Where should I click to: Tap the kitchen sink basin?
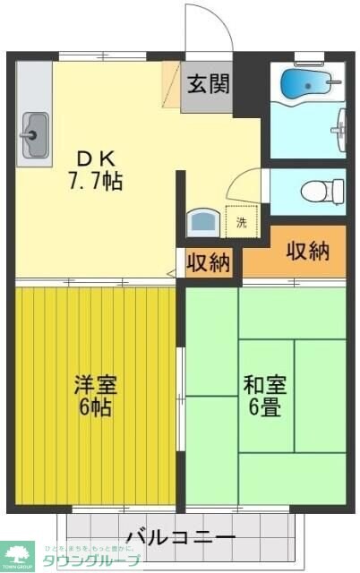pos(34,135)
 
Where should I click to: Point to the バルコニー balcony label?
pos(180,538)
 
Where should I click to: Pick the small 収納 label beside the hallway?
pos(208,263)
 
